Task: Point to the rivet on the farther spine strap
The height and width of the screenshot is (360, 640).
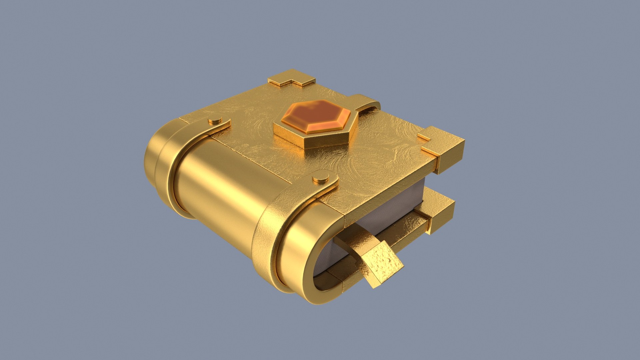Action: point(215,120)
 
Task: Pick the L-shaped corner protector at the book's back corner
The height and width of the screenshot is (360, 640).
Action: point(291,78)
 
